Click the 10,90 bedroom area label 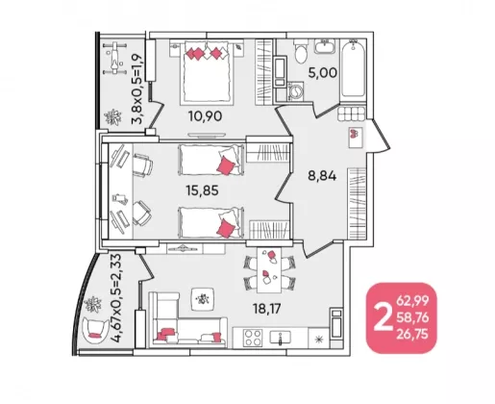205,116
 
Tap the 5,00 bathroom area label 322,73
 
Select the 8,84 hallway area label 322,176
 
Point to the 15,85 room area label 202,190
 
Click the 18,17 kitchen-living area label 266,309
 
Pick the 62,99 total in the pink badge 412,301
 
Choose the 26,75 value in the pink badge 412,334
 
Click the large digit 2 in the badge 384,317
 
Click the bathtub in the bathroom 353,68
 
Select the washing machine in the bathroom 297,91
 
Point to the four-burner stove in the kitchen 253,338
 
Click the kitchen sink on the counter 281,338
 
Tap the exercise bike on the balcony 114,58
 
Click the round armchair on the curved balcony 95,330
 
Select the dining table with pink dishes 269,270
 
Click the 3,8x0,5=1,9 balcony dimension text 136,88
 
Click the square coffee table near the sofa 203,299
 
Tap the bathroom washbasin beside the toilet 325,46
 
